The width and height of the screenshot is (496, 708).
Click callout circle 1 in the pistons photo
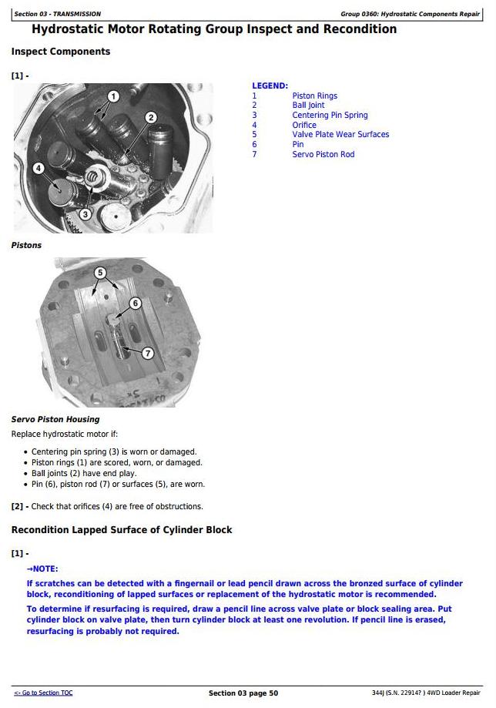pyautogui.click(x=113, y=96)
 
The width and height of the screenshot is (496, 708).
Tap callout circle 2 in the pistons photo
pyautogui.click(x=151, y=117)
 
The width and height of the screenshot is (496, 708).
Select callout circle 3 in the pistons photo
pyautogui.click(x=85, y=213)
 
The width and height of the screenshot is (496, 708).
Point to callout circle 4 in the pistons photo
pyautogui.click(x=38, y=168)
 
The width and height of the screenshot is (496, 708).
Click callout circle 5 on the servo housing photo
pyautogui.click(x=99, y=273)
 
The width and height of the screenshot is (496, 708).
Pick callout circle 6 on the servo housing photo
pyautogui.click(x=135, y=303)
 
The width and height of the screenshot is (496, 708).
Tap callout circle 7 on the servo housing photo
pyautogui.click(x=148, y=352)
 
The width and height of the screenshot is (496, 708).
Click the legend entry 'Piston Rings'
pyautogui.click(x=314, y=96)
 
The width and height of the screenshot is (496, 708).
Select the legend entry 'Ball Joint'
pyautogui.click(x=308, y=106)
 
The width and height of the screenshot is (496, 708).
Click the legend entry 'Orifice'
pyautogui.click(x=304, y=125)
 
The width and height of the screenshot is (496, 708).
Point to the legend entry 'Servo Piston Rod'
pyautogui.click(x=323, y=154)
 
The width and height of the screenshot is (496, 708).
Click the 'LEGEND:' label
pyautogui.click(x=270, y=86)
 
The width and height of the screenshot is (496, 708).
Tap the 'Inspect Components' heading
pyautogui.click(x=61, y=52)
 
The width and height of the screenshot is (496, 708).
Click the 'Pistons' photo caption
pyautogui.click(x=26, y=245)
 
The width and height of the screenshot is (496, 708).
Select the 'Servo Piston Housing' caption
pyautogui.click(x=55, y=419)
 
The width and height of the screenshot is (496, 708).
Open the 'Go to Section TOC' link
pyautogui.click(x=43, y=693)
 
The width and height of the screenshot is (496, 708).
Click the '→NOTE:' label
pyautogui.click(x=42, y=569)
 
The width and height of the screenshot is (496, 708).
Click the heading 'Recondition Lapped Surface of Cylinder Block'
pyautogui.click(x=122, y=530)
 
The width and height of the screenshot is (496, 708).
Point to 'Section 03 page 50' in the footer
pyautogui.click(x=243, y=693)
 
